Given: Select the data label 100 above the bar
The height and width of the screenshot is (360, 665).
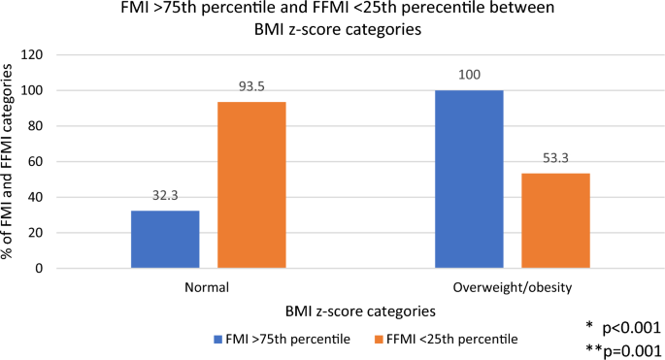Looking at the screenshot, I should (x=469, y=74).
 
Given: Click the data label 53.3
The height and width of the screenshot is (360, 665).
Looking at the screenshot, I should (x=555, y=157).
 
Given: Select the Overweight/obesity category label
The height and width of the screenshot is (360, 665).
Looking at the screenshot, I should (x=512, y=287).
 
